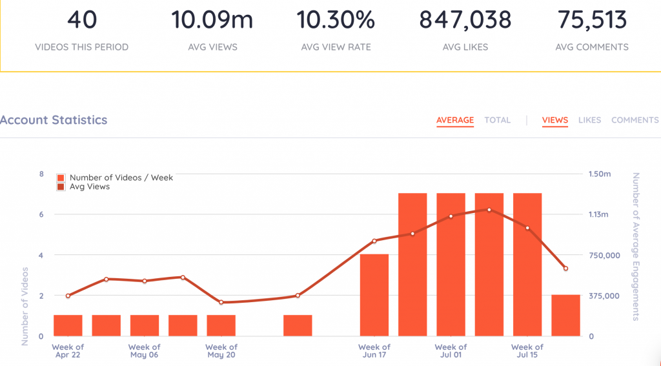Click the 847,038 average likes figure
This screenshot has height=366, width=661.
[x=465, y=20]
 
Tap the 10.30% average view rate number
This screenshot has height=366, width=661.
[x=336, y=20]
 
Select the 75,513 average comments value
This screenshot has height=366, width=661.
[x=591, y=20]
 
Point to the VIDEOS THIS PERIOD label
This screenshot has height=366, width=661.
[x=81, y=47]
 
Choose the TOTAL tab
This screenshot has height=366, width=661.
[x=497, y=120]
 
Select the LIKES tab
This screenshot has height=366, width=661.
[x=589, y=120]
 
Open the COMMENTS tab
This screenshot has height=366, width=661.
[x=635, y=120]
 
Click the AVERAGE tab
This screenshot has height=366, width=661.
[x=455, y=120]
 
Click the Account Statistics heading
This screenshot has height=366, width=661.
[x=54, y=120]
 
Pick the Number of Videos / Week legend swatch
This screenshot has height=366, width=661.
[x=61, y=178]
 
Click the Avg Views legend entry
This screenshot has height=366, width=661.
[x=89, y=187]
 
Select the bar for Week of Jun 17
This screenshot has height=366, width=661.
[x=374, y=295]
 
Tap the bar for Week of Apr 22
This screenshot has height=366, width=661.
[x=68, y=325]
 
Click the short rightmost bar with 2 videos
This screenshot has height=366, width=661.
[x=565, y=315]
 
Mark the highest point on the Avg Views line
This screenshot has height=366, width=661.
[x=489, y=210]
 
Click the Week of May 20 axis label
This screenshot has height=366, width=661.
[x=221, y=351]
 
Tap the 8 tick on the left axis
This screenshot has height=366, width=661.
[x=41, y=174]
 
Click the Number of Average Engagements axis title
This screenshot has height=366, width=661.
[x=635, y=246]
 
